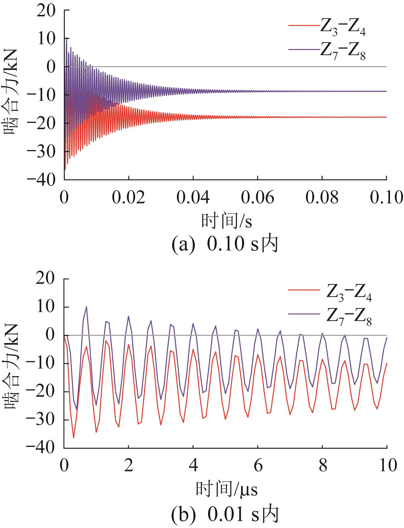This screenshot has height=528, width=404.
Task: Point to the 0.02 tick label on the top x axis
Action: [128, 198]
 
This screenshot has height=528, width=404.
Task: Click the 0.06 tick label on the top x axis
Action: [257, 198]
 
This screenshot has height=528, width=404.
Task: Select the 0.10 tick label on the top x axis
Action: [386, 198]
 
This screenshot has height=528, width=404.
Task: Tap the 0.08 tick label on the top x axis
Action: [322, 198]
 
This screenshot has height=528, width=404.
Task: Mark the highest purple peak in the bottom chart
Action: [86, 307]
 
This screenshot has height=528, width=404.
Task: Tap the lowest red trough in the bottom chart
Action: [74, 438]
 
